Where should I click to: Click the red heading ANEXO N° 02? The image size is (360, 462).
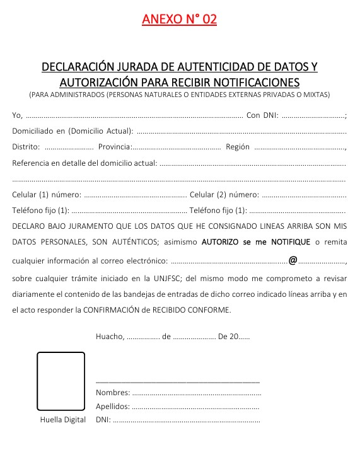180,20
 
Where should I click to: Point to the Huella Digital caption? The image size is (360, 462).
62,420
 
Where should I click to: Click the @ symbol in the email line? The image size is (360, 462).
293,260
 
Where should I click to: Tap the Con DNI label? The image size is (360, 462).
262,115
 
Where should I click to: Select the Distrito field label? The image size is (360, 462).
26,147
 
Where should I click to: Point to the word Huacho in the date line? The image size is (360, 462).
110,337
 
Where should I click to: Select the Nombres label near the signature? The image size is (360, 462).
109,393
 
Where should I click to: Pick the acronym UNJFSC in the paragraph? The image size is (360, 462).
171,277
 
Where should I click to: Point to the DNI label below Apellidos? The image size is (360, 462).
103,419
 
